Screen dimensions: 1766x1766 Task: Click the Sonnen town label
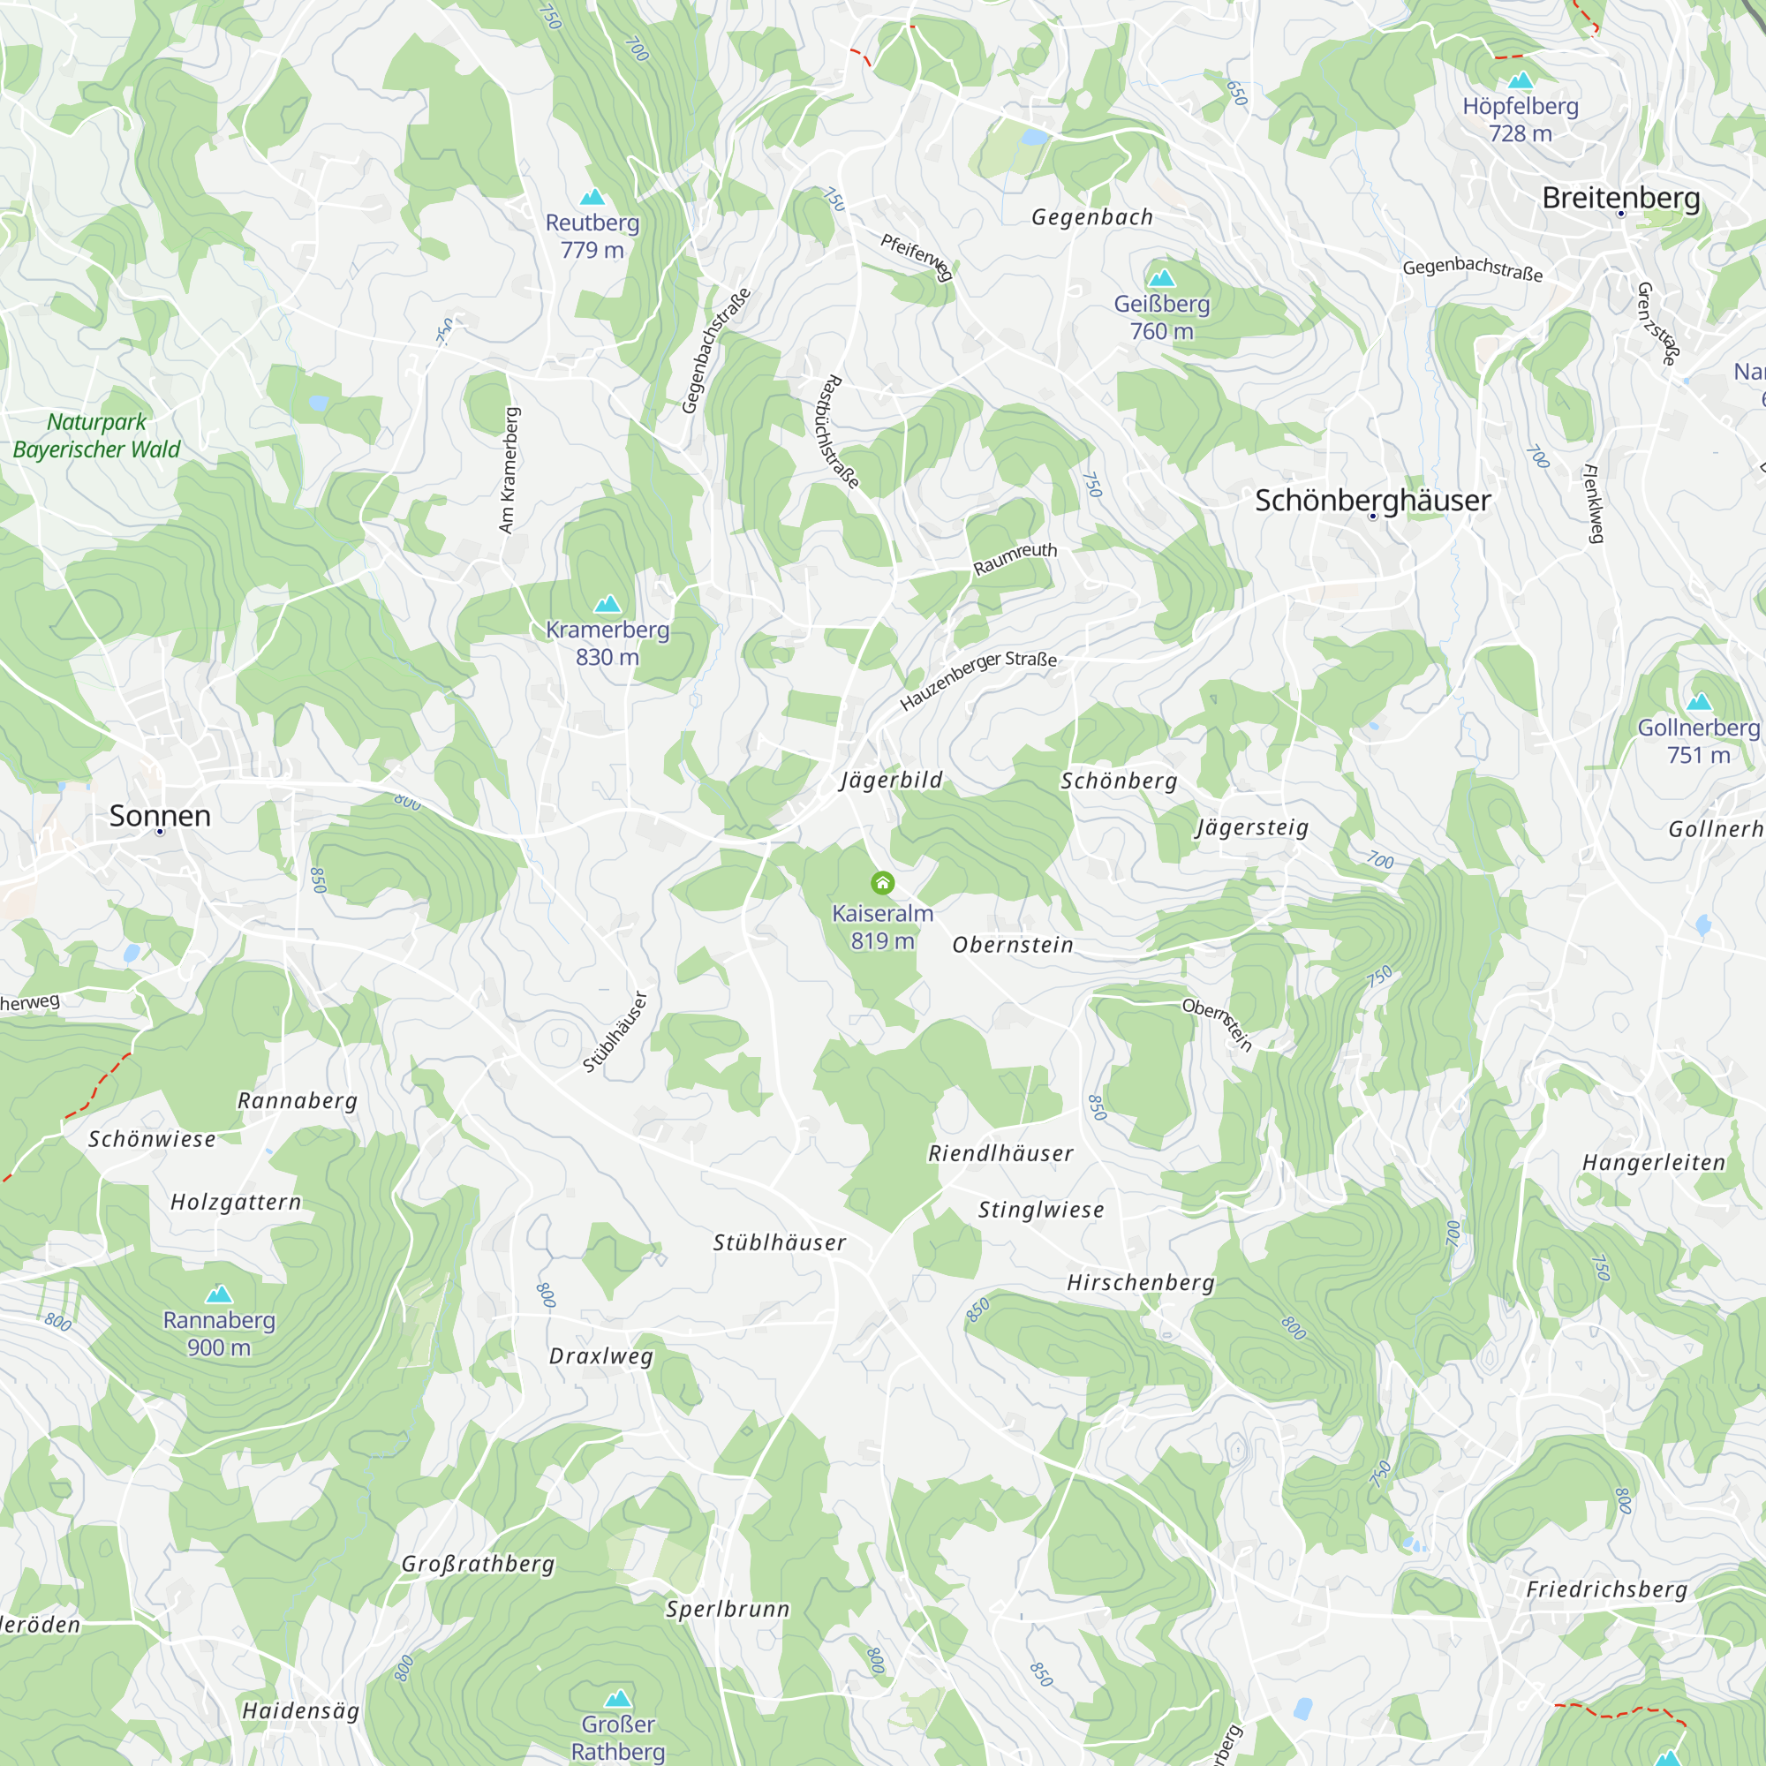pyautogui.click(x=160, y=815)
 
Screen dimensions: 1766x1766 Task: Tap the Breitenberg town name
pyautogui.click(x=1620, y=198)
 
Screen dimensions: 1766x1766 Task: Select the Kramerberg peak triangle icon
pyautogui.click(x=608, y=603)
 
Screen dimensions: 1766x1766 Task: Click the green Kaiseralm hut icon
pyautogui.click(x=882, y=883)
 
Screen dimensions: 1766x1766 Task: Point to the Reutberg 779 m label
pyautogui.click(x=592, y=236)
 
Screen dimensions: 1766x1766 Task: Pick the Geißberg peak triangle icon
pyautogui.click(x=1162, y=277)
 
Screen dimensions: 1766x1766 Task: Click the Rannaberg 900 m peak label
pyautogui.click(x=219, y=1332)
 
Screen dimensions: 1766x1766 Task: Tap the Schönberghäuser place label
pyautogui.click(x=1372, y=500)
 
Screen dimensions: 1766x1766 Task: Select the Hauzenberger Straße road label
pyautogui.click(x=977, y=679)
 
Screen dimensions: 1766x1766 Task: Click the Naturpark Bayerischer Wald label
pyautogui.click(x=97, y=435)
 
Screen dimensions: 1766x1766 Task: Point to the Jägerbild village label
pyautogui.click(x=891, y=780)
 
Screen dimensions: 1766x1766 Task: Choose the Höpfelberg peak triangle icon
pyautogui.click(x=1521, y=80)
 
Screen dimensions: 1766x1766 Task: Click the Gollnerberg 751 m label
pyautogui.click(x=1698, y=741)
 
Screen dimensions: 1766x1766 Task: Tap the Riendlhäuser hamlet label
pyautogui.click(x=1001, y=1153)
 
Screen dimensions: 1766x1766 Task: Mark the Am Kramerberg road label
pyautogui.click(x=509, y=470)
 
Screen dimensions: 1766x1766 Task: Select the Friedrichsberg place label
pyautogui.click(x=1607, y=1589)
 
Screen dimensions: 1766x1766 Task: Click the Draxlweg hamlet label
pyautogui.click(x=601, y=1355)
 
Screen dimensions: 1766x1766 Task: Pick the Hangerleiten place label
pyautogui.click(x=1654, y=1163)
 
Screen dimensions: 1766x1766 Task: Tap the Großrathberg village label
pyautogui.click(x=478, y=1564)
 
